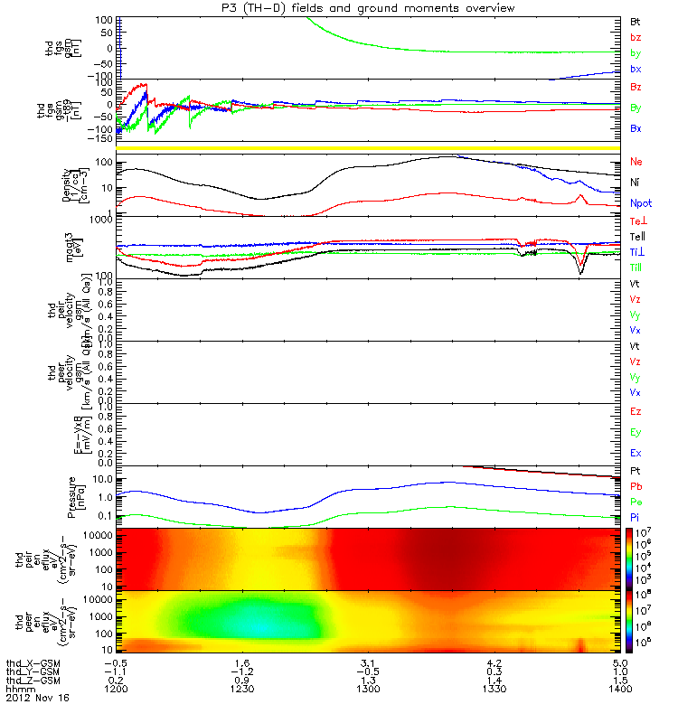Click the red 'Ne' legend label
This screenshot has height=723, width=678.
tap(636, 162)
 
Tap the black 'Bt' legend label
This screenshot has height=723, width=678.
tap(636, 20)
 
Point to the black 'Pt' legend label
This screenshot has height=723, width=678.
tap(636, 472)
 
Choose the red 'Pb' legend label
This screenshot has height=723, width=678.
tap(636, 487)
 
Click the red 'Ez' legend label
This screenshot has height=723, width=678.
tap(636, 411)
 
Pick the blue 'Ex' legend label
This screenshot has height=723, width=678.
tap(636, 452)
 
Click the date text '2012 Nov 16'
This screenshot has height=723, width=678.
tap(37, 699)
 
